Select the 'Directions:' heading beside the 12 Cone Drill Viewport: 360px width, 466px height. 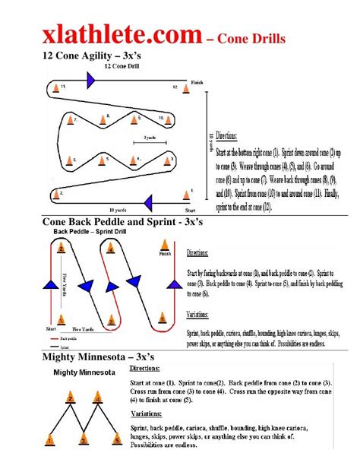click(x=226, y=136)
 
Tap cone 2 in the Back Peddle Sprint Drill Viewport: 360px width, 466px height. click(x=58, y=246)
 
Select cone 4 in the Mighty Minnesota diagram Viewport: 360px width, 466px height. click(x=98, y=398)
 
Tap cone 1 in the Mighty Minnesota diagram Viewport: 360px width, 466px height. click(x=49, y=438)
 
